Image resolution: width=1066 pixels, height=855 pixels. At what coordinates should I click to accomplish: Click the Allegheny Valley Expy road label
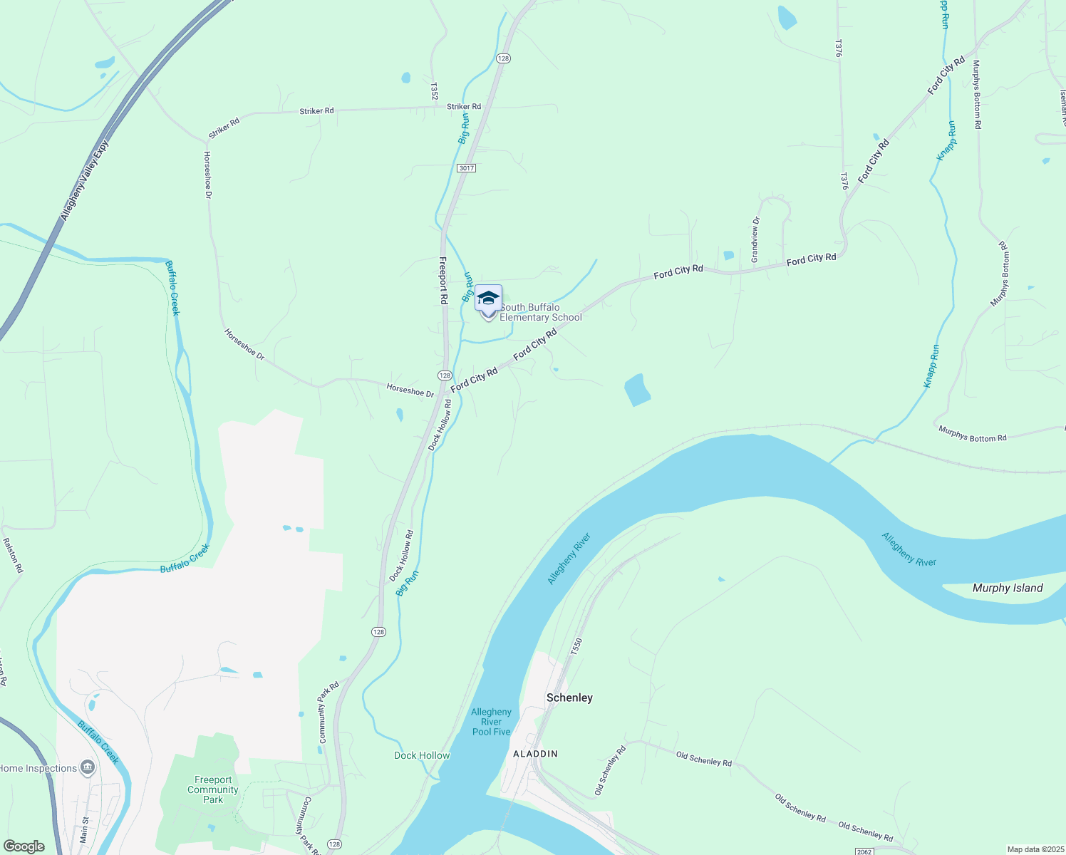click(x=85, y=180)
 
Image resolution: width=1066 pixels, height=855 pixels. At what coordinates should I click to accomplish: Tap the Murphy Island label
click(x=1007, y=588)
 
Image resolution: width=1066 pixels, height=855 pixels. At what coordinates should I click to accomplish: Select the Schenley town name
click(x=569, y=698)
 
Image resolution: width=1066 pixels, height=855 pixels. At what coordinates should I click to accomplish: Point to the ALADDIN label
click(x=535, y=753)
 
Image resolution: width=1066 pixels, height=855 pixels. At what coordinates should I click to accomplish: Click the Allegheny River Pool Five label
click(x=491, y=722)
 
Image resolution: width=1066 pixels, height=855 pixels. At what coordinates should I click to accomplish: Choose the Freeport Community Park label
click(x=213, y=789)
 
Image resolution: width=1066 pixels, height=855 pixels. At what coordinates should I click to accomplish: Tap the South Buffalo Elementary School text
click(x=540, y=312)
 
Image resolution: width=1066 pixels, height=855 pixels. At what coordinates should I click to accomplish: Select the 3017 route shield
click(x=467, y=168)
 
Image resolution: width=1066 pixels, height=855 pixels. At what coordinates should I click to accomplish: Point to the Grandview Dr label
click(x=755, y=239)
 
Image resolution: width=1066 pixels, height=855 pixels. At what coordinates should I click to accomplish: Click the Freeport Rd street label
click(x=443, y=280)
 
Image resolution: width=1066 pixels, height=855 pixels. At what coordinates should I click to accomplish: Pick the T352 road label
click(x=433, y=90)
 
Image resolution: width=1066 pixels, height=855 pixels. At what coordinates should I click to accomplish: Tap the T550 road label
click(x=576, y=647)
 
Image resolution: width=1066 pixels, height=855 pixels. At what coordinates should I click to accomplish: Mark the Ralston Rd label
click(x=14, y=556)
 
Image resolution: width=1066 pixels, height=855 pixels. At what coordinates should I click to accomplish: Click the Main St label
click(x=84, y=830)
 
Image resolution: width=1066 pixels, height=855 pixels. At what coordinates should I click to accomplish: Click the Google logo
click(x=24, y=846)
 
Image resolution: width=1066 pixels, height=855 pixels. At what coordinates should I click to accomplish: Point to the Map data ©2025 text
click(x=1035, y=849)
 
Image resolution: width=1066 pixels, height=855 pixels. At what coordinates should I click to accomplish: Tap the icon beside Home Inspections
click(x=88, y=767)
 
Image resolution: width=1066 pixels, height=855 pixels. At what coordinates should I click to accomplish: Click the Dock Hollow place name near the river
click(x=422, y=755)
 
